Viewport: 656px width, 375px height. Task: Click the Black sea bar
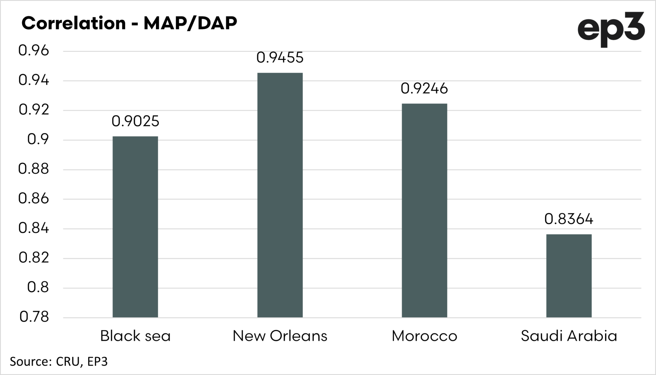[x=135, y=227]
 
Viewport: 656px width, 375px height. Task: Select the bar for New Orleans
[x=280, y=195]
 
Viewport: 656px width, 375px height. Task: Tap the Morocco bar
[x=424, y=210]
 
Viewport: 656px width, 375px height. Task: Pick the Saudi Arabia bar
[x=569, y=276]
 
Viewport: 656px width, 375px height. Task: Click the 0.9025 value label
[x=135, y=121]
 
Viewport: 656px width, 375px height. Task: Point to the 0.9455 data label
[x=280, y=58]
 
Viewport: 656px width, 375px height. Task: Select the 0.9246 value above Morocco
[x=424, y=88]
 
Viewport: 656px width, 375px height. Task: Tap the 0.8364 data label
[x=569, y=219]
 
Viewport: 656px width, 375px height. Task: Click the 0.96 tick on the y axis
[x=34, y=51]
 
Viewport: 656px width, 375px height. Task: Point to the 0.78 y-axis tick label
[x=34, y=317]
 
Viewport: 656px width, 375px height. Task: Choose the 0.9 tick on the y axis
[x=38, y=140]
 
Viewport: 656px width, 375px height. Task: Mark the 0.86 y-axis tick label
[x=34, y=199]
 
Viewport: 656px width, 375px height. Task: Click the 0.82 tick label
[x=34, y=258]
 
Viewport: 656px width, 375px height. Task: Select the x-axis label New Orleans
[x=280, y=336]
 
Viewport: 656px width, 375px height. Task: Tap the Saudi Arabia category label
[x=569, y=336]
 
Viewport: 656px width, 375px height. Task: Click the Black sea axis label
[x=135, y=336]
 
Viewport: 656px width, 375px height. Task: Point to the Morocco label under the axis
[x=424, y=336]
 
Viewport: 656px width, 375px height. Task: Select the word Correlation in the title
[x=74, y=23]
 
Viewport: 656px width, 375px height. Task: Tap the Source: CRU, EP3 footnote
[x=59, y=362]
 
